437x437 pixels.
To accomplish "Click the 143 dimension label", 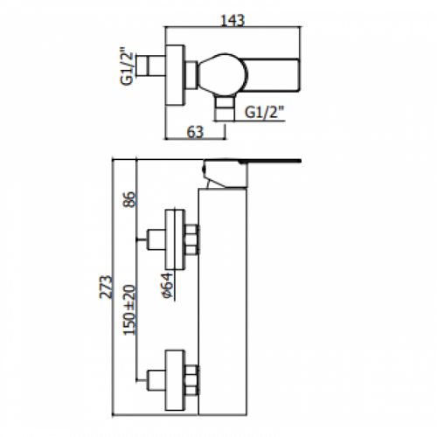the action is (232, 20).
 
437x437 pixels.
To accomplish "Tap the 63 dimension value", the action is (195, 132).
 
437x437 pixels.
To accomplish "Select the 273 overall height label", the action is (106, 287).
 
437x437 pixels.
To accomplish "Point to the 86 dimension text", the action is (129, 199).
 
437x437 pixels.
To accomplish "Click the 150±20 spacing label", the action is (129, 310).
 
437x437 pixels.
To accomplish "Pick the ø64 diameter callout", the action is (167, 286).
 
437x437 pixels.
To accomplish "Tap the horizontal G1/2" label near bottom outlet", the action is (265, 112).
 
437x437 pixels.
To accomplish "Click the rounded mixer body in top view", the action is (223, 74).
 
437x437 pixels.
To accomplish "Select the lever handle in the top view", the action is (272, 75).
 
